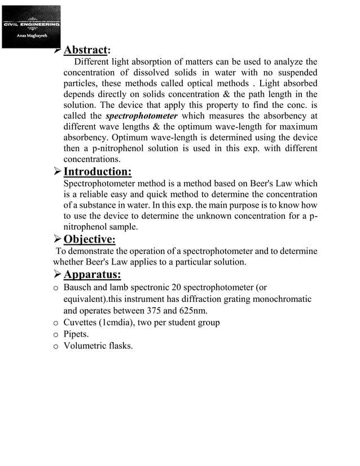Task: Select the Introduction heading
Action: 98,172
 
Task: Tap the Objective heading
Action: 90,239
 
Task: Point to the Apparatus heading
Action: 93,275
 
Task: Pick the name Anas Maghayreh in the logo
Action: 31,35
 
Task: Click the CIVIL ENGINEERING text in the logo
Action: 31,25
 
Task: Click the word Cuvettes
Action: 81,323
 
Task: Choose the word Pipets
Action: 75,334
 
